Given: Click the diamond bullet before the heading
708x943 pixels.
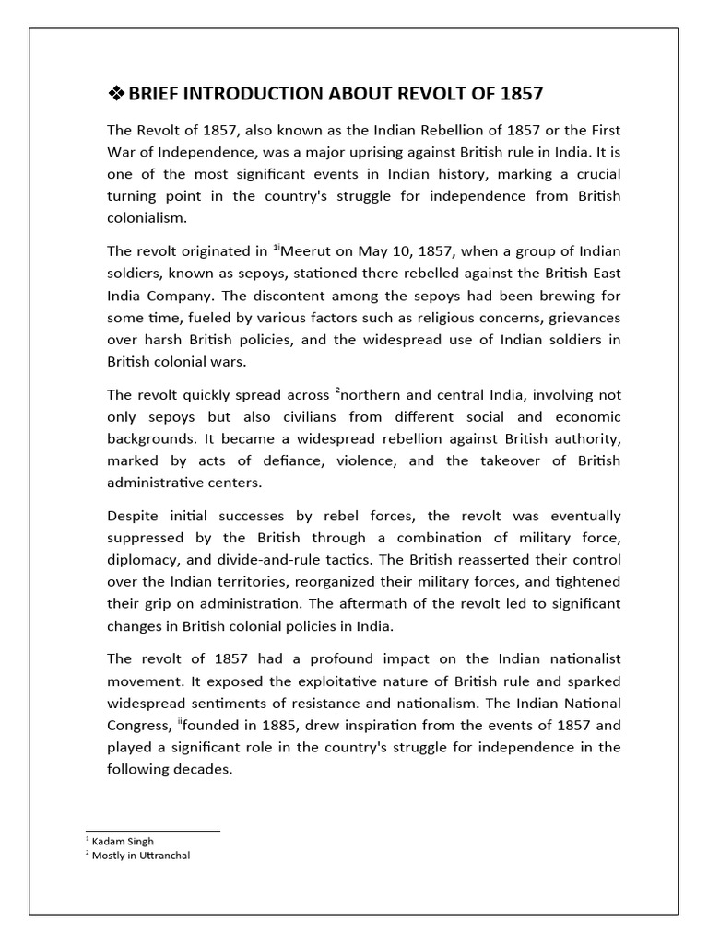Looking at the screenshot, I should point(116,94).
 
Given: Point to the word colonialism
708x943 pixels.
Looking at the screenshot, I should point(147,218).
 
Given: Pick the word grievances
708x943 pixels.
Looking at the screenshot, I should point(576,318).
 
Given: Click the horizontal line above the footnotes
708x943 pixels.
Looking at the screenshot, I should point(152,831).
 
